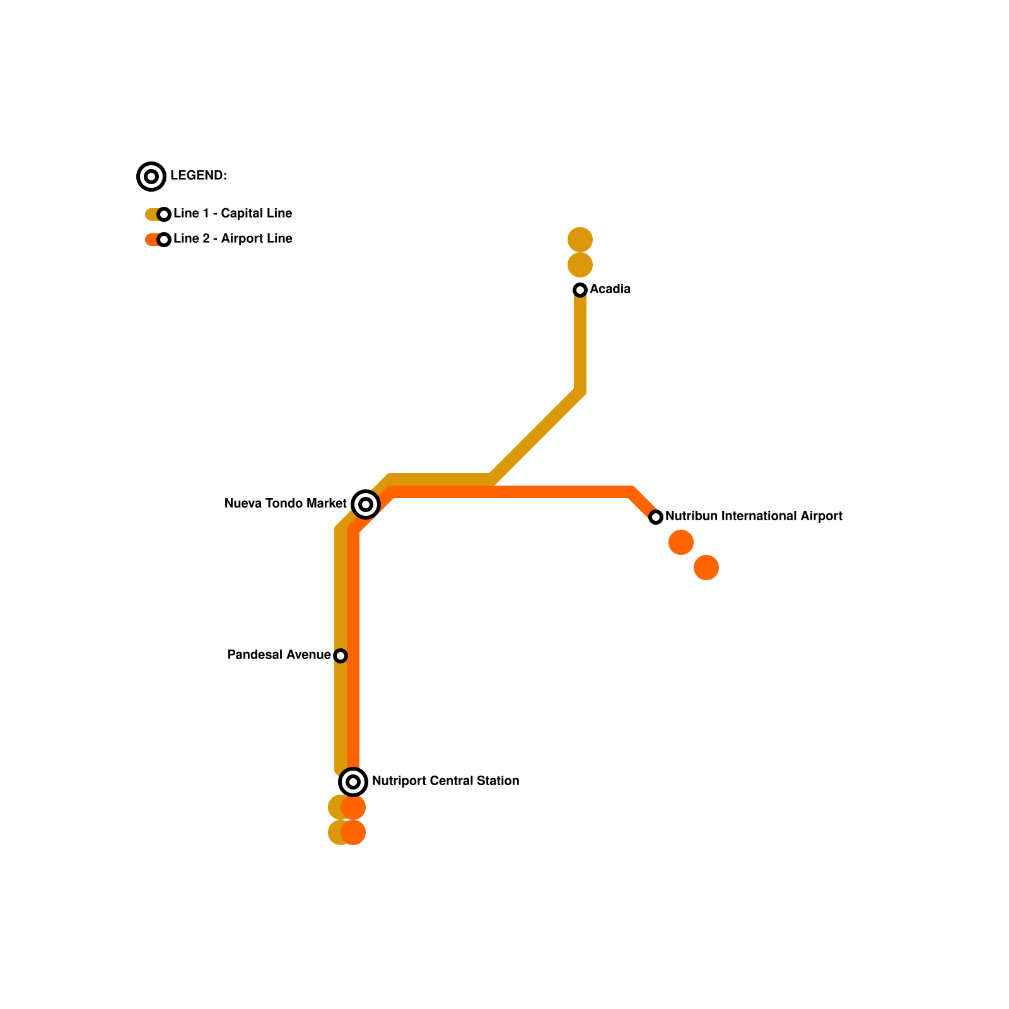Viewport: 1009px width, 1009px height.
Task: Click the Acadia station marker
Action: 580,290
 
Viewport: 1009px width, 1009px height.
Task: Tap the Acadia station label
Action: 610,289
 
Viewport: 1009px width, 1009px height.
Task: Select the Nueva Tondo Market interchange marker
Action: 366,504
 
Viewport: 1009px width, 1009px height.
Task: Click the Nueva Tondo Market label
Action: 285,504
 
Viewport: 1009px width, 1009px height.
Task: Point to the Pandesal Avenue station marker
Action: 341,656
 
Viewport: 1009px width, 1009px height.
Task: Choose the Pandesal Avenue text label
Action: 279,655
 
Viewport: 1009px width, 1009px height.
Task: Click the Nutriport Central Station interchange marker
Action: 353,782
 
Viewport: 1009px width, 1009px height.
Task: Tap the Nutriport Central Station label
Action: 445,781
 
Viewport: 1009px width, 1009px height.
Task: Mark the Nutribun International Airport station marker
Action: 656,517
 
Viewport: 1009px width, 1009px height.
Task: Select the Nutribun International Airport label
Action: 754,516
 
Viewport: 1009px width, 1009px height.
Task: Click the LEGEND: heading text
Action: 198,176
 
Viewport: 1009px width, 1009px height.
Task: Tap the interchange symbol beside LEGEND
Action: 151,177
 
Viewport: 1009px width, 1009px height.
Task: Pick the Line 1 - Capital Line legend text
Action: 233,214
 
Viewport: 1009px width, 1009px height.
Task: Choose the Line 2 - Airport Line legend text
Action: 233,239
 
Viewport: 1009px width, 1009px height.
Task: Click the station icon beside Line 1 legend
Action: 164,214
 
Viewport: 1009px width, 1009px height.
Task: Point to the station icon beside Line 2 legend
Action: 164,240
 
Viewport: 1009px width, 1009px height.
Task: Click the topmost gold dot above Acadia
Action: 580,240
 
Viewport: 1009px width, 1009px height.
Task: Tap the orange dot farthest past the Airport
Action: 706,568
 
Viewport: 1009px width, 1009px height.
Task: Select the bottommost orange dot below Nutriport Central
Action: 354,832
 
